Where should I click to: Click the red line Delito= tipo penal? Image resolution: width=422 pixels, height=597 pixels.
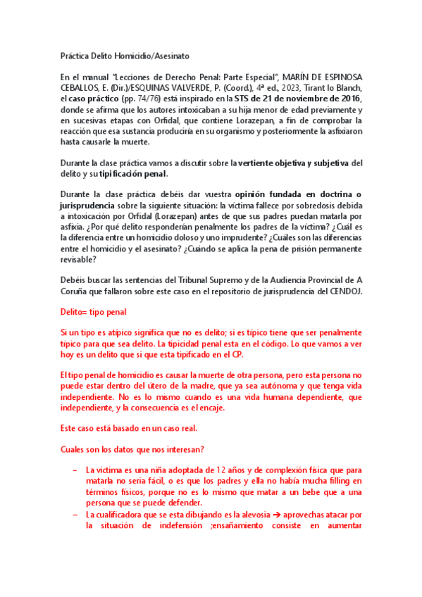click(92, 312)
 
